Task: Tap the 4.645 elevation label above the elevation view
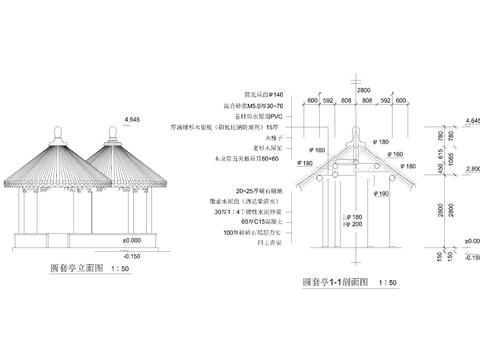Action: point(131,120)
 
